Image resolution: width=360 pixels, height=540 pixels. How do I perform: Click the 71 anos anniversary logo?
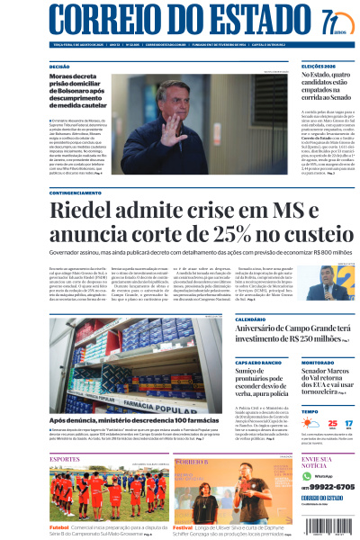[x=334, y=22]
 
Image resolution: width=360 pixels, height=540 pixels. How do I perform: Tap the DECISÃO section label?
[x=59, y=67]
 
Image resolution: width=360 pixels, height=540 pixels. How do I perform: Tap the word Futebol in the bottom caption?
[x=59, y=527]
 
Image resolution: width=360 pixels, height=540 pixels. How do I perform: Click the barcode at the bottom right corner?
[x=336, y=526]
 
